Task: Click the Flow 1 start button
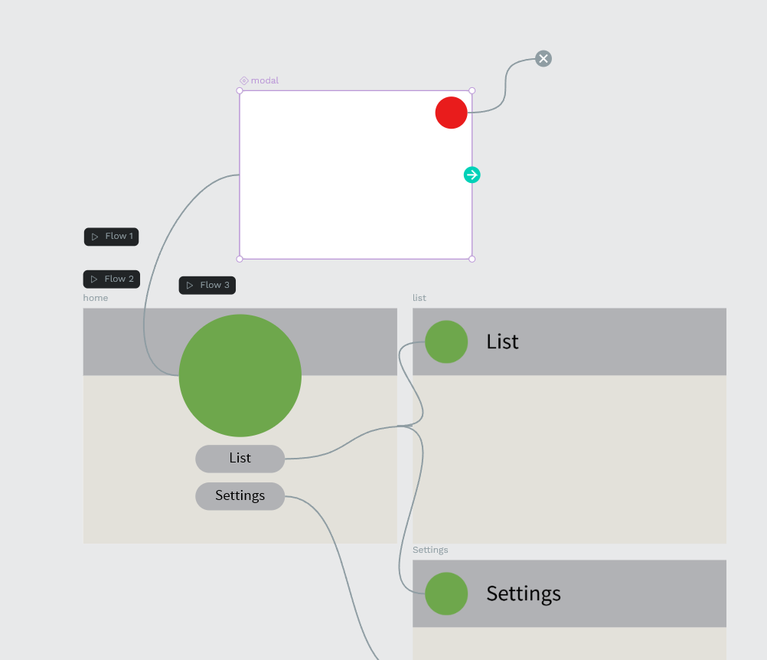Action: pos(111,237)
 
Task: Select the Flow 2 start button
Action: pos(112,279)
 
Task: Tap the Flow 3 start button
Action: pos(207,286)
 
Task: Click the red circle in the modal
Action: pos(451,113)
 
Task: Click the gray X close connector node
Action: pos(543,59)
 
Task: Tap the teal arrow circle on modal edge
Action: pos(472,175)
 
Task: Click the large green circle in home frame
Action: pos(240,375)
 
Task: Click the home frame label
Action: pos(96,298)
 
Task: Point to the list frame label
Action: pos(419,298)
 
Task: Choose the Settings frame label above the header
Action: pos(430,550)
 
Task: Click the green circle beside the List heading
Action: pos(446,341)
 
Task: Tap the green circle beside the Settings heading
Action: pos(446,593)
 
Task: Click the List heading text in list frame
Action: pos(502,341)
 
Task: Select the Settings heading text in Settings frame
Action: pos(524,594)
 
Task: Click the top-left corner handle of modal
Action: pos(240,90)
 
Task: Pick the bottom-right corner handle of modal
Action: pos(472,260)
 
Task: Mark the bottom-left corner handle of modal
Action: pos(240,260)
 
